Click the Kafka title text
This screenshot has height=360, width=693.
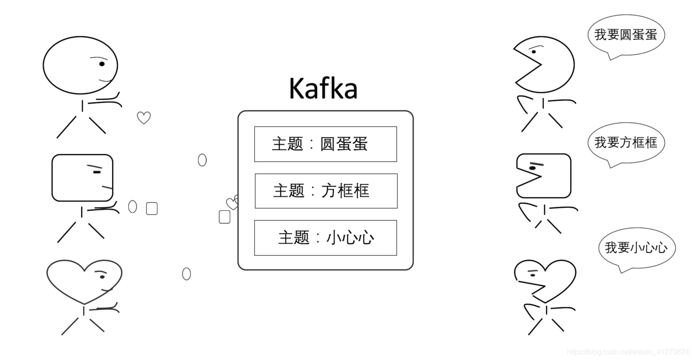click(323, 89)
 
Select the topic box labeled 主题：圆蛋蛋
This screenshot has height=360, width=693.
click(325, 144)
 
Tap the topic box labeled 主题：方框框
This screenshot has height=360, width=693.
click(326, 191)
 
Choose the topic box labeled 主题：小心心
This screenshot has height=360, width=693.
click(325, 238)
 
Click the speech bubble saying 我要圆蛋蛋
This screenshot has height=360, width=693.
click(626, 35)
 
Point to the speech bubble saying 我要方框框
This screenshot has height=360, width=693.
click(626, 143)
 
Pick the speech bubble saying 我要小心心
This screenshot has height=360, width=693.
click(636, 248)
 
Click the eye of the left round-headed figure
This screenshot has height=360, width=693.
click(102, 64)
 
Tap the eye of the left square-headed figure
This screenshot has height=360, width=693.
click(97, 172)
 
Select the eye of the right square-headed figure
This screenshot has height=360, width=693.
click(533, 168)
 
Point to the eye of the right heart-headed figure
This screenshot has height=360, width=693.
click(533, 275)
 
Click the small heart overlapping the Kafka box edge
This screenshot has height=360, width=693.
click(232, 203)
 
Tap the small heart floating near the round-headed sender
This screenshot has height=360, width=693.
click(144, 118)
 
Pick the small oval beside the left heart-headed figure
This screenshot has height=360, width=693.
click(186, 274)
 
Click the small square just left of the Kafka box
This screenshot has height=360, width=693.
click(225, 217)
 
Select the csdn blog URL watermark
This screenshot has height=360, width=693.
click(627, 351)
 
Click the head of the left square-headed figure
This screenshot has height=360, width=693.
click(82, 178)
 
